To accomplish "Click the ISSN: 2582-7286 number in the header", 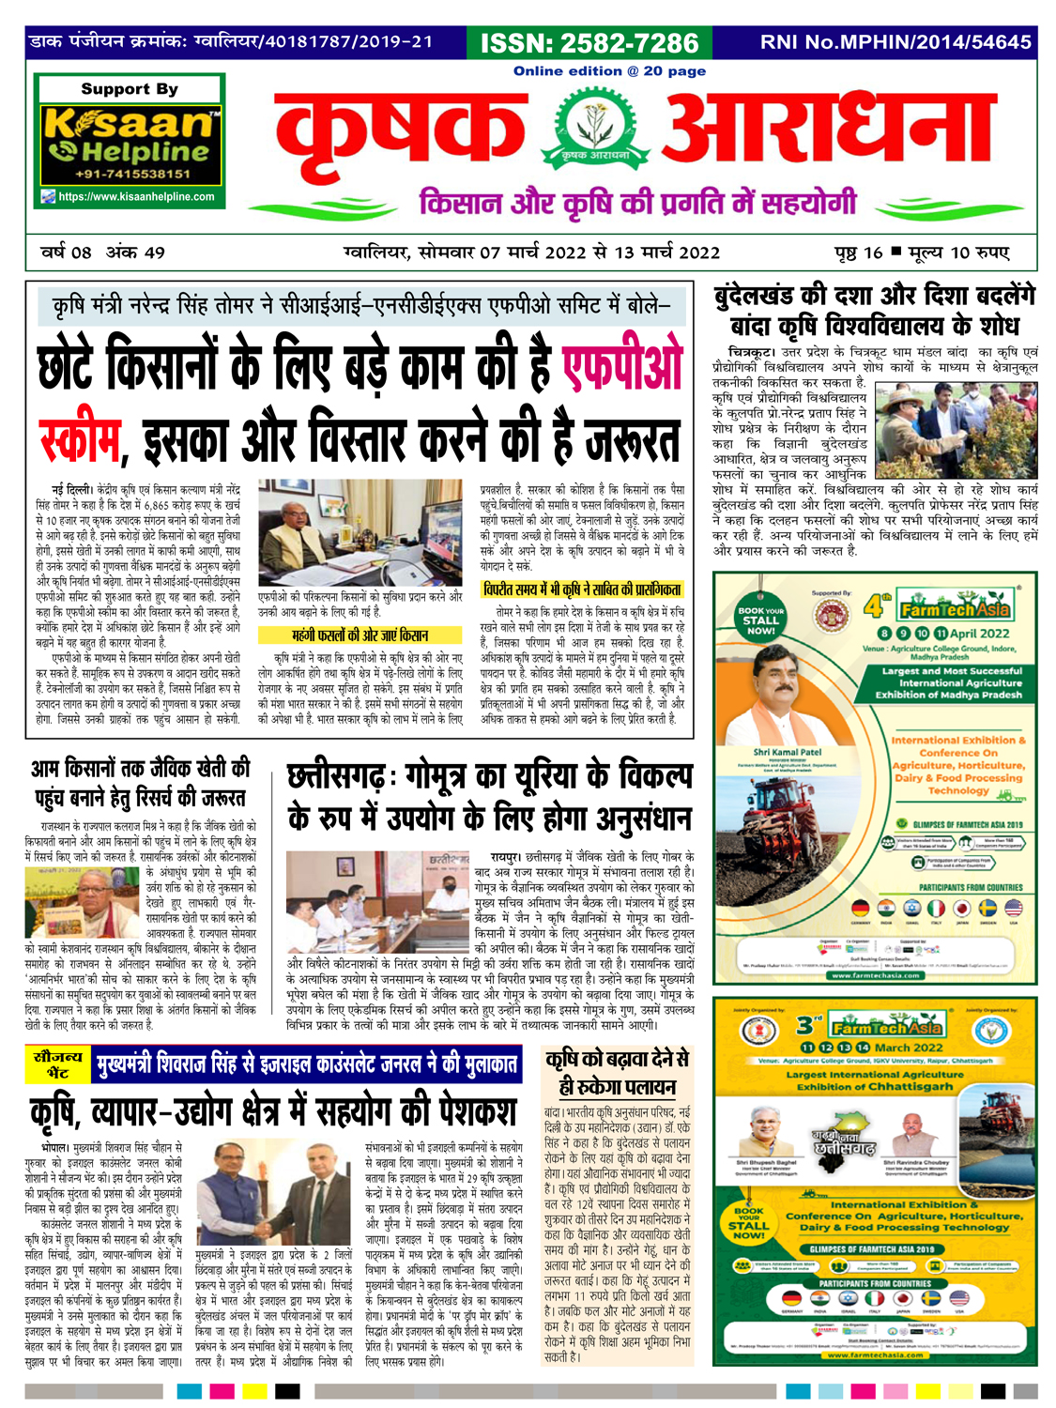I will (x=589, y=43).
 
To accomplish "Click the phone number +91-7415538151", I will (x=130, y=174).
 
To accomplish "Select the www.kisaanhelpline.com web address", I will (x=136, y=197).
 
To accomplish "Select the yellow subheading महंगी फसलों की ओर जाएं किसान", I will (x=360, y=635).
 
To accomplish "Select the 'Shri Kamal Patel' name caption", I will (x=787, y=752).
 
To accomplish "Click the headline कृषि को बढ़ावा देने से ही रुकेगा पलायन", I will (x=617, y=1072).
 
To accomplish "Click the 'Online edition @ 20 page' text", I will (x=609, y=71).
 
